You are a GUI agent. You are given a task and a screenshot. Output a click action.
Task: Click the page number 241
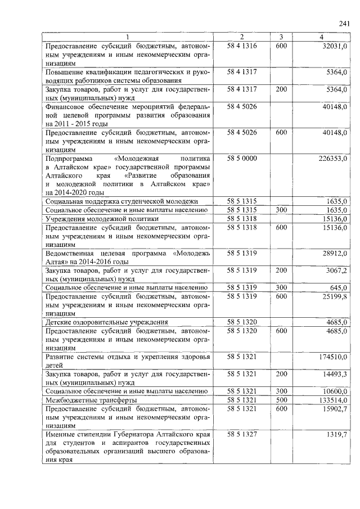[344, 24]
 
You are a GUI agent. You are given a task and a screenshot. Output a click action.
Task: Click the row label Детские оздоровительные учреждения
[107, 322]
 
